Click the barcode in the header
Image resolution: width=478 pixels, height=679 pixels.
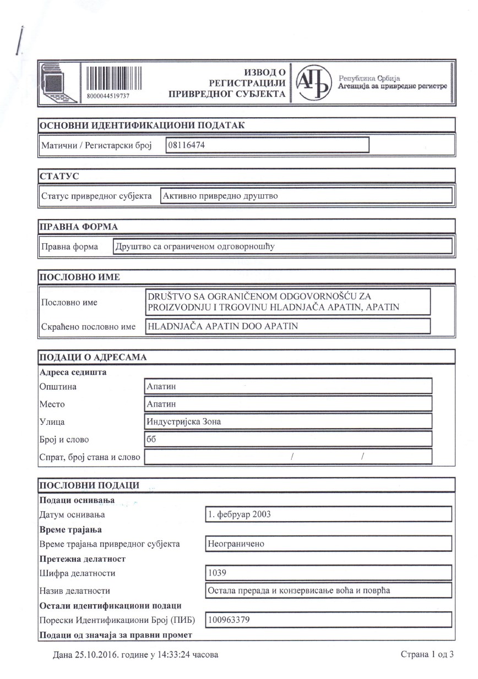pos(113,78)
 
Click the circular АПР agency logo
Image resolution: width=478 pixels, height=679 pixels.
pos(313,83)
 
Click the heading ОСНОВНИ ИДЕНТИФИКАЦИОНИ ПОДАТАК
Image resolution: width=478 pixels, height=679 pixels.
pos(142,125)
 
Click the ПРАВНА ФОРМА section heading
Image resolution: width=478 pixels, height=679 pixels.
pos(78,227)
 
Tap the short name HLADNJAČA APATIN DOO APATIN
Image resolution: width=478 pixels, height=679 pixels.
pos(222,326)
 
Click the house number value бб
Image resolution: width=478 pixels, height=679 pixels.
pos(151,439)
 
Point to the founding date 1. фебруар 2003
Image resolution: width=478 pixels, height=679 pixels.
pos(239,514)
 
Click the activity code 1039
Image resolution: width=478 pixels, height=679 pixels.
pos(216,573)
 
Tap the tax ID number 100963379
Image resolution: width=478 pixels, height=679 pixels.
pos(229,620)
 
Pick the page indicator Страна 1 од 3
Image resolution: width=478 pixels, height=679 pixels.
pos(427,655)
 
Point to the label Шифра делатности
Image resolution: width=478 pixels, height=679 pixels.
pos(78,573)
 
